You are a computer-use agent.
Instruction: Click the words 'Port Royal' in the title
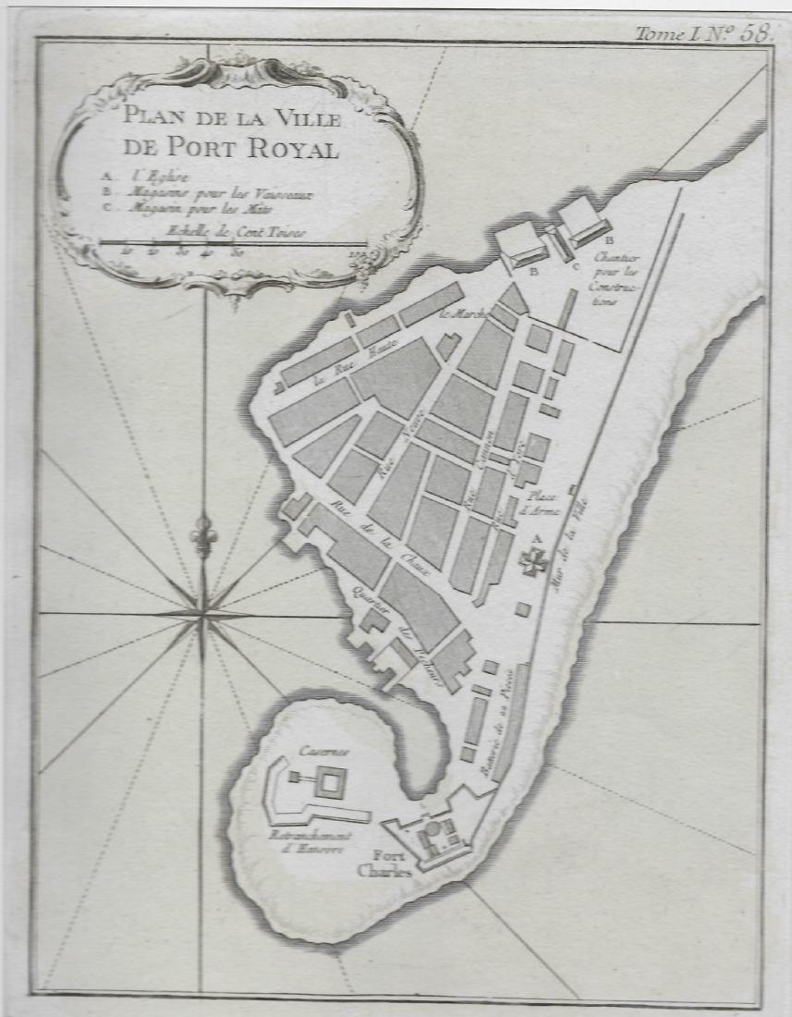point(237,148)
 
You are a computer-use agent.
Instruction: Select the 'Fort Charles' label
point(383,862)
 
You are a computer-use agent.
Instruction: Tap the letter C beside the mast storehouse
point(575,268)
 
